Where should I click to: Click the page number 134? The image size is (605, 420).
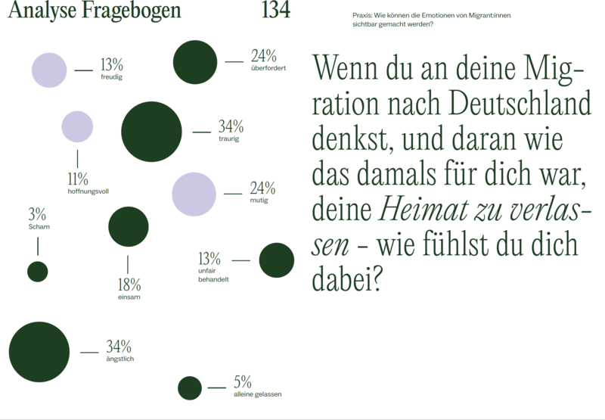click(x=275, y=11)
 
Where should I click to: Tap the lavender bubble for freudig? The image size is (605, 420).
click(x=49, y=70)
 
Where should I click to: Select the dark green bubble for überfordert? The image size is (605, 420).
click(x=195, y=62)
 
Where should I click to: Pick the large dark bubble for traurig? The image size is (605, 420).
click(x=151, y=132)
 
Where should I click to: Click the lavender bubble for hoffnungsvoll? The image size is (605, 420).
click(x=77, y=126)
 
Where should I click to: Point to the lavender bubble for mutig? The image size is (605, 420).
click(x=194, y=194)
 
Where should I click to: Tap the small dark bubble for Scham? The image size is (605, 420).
click(x=38, y=271)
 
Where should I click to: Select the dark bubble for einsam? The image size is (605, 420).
click(x=128, y=227)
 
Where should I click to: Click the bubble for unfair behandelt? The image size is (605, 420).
click(x=276, y=260)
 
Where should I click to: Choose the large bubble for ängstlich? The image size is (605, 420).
click(x=39, y=352)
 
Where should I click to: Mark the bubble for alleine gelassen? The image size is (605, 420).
click(x=190, y=387)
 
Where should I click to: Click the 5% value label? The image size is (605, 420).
click(x=242, y=381)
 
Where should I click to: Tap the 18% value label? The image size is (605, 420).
click(x=129, y=285)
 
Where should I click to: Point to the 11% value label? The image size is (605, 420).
click(x=78, y=179)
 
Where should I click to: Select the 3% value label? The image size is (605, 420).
click(x=37, y=213)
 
